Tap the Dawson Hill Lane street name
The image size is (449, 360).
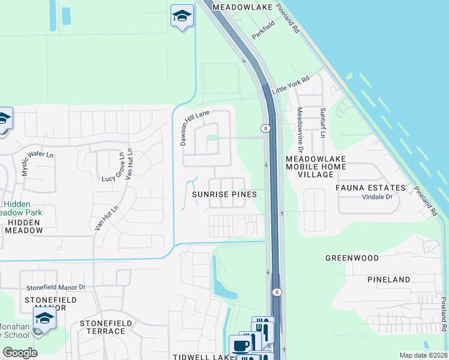click(194, 122)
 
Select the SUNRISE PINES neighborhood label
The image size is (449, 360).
click(224, 194)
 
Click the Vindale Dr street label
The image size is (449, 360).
click(376, 197)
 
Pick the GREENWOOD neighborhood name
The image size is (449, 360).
click(352, 258)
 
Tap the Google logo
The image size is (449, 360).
click(20, 353)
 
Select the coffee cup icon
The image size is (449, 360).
click(241, 346)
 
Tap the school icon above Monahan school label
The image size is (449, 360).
click(44, 318)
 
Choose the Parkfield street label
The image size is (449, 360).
click(263, 30)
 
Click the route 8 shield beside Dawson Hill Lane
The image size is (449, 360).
click(265, 128)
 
